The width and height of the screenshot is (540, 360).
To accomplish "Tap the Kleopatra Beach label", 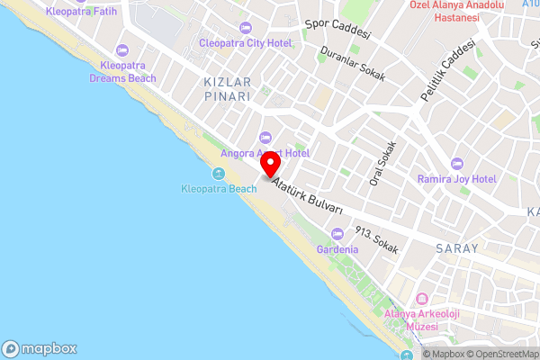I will click(219, 188).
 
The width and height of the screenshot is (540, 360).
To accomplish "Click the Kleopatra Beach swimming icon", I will click(219, 174).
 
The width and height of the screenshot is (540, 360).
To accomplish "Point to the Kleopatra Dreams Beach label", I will click(122, 72).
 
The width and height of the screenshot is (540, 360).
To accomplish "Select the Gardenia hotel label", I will click(331, 248).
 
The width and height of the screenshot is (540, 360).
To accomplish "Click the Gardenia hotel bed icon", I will click(331, 234).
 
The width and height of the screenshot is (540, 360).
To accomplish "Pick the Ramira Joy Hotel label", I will click(457, 179).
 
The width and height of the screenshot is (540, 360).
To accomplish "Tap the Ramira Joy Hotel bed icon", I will click(457, 164).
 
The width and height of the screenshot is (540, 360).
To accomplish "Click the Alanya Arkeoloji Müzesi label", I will click(421, 319).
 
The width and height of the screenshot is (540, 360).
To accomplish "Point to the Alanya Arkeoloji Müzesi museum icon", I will click(421, 299).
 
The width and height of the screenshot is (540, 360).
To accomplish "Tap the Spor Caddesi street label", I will click(337, 31).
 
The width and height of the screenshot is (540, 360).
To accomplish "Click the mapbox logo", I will click(40, 348).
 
